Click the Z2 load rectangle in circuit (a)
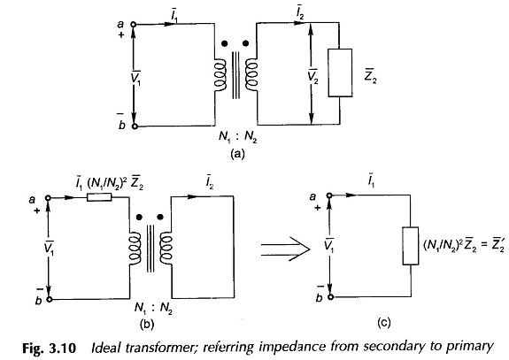click(x=340, y=73)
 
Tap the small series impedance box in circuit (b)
click(x=99, y=197)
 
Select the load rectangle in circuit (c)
click(x=411, y=246)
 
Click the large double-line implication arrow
click(x=286, y=249)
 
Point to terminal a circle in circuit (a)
click(x=133, y=25)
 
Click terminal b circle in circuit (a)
click(x=135, y=126)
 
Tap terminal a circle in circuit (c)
click(x=329, y=195)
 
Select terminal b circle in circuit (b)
click(x=50, y=299)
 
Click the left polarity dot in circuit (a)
click(x=224, y=43)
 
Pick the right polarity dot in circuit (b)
click(x=160, y=217)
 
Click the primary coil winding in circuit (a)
click(x=220, y=75)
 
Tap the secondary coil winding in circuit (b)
click(x=166, y=248)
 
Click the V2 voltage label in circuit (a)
click(x=313, y=77)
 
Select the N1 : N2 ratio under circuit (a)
click(x=237, y=137)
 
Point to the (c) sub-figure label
click(x=383, y=323)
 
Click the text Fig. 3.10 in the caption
click(x=49, y=349)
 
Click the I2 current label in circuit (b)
click(x=210, y=182)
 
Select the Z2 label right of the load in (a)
click(x=370, y=76)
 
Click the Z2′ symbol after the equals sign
click(x=497, y=245)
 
